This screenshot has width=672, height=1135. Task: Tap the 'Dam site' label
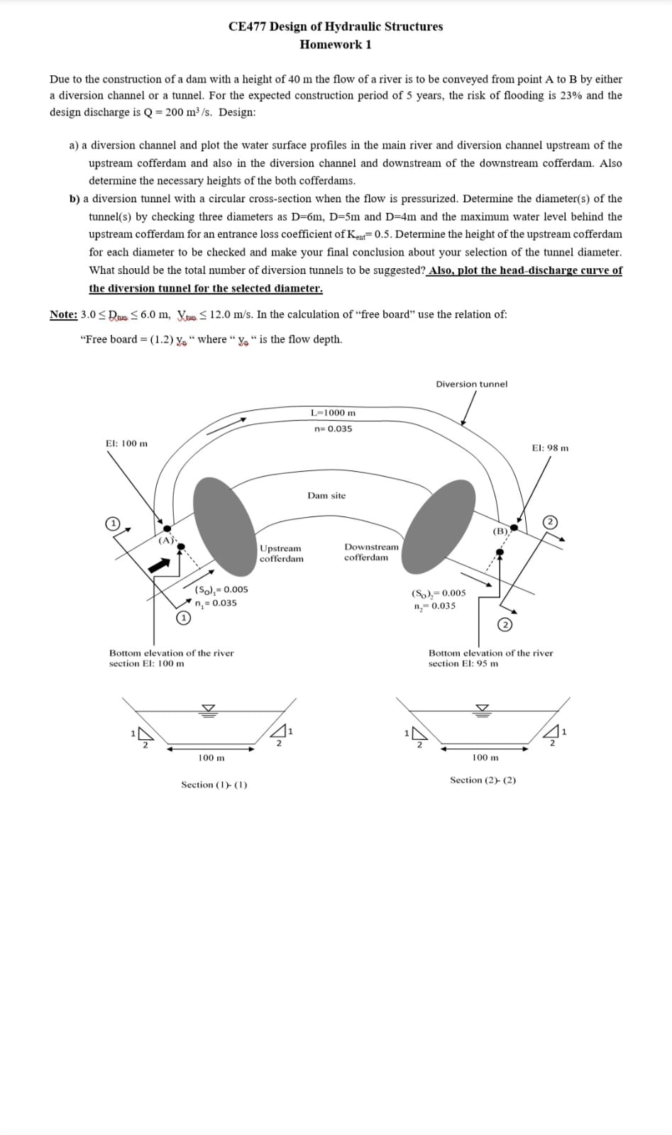[326, 496]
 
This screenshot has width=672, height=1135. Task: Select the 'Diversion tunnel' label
[471, 384]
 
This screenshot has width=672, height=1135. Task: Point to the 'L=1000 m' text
[334, 413]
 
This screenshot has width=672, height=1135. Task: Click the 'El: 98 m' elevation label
[550, 448]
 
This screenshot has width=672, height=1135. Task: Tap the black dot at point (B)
[514, 528]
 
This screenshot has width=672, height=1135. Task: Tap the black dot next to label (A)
[167, 528]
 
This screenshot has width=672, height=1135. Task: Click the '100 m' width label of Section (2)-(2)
[485, 758]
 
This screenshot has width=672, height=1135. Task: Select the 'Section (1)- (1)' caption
[214, 785]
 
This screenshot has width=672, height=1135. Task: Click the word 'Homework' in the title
[327, 45]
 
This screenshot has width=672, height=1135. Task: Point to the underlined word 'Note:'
[63, 315]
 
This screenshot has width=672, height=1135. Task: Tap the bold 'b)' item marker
[75, 199]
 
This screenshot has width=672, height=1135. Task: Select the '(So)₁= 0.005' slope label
[221, 589]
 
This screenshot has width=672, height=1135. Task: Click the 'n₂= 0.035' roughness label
[434, 606]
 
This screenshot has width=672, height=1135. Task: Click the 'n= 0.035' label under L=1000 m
[333, 429]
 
